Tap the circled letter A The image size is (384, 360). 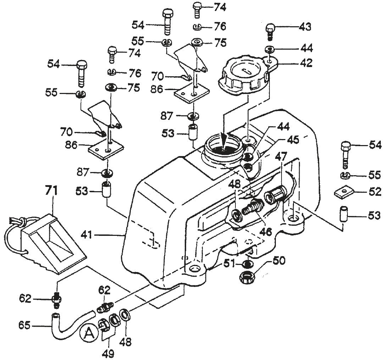pos(87,333)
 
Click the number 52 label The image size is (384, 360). pos(374,192)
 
